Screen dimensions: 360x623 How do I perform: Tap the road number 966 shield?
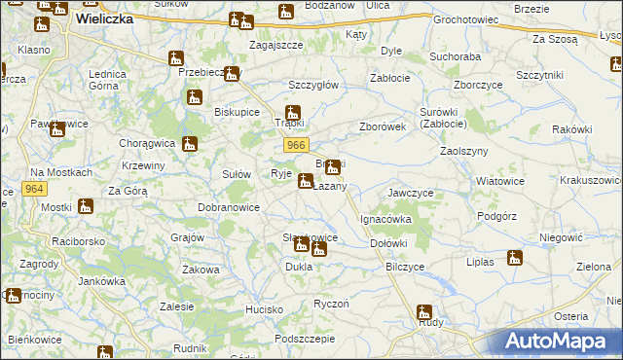[298, 144]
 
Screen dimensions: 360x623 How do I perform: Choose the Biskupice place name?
[237, 112]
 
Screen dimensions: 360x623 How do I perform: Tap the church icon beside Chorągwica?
[191, 146]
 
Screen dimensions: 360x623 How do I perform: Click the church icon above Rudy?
[423, 313]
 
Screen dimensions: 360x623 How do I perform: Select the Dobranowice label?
[229, 207]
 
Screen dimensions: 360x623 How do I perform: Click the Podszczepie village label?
[304, 339]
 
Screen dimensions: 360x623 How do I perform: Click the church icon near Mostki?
[86, 206]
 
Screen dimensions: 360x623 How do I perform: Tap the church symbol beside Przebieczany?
[231, 74]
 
